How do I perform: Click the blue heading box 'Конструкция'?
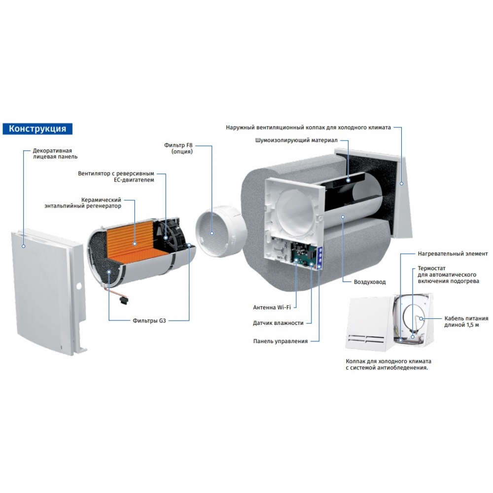(37, 129)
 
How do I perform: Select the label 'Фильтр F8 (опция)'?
(182, 148)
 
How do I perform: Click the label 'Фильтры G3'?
(149, 320)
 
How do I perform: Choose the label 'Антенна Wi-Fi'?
(272, 307)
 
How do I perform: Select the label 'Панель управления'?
(281, 341)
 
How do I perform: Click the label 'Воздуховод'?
(370, 282)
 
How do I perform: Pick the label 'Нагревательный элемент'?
(453, 253)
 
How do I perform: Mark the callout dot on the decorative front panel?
(23, 245)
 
